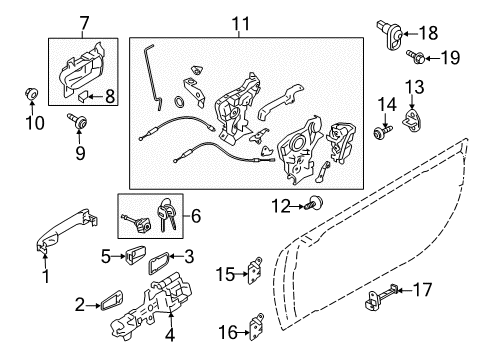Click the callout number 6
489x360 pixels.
(x=84, y=22)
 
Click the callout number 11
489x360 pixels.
(x=270, y=205)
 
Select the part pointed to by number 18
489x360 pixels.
(x=414, y=57)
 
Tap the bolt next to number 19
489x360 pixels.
(x=414, y=57)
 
